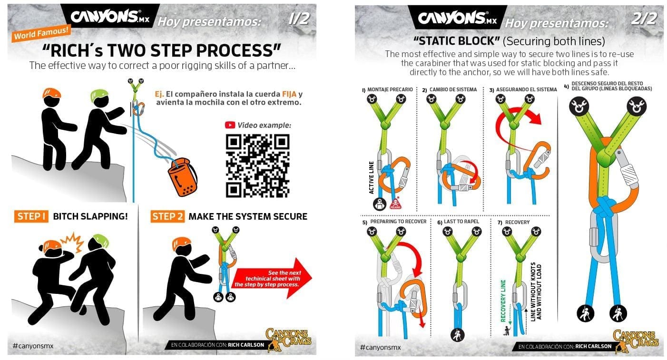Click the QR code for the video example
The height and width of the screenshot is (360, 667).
(x=257, y=165)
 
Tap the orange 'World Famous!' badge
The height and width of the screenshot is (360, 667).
(x=41, y=33)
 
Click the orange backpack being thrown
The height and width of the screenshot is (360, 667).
(x=183, y=177)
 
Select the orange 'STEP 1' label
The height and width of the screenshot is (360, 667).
(x=31, y=216)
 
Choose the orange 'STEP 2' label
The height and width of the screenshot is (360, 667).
(x=167, y=216)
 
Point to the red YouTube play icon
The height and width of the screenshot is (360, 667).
(x=230, y=125)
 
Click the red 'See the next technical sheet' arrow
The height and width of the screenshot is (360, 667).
(x=273, y=278)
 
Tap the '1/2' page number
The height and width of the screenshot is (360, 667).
(x=299, y=19)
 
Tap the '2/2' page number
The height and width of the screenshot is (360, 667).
(x=644, y=19)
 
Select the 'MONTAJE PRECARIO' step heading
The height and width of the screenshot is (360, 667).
(x=390, y=89)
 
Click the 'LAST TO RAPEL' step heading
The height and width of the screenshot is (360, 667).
(x=461, y=222)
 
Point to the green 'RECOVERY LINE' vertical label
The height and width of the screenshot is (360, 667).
(x=503, y=301)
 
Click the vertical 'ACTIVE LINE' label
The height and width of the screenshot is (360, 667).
(x=371, y=177)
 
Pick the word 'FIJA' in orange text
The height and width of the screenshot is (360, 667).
(x=289, y=94)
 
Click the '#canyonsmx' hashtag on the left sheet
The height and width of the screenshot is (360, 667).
(x=33, y=346)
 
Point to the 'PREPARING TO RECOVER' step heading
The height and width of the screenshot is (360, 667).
(x=398, y=222)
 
